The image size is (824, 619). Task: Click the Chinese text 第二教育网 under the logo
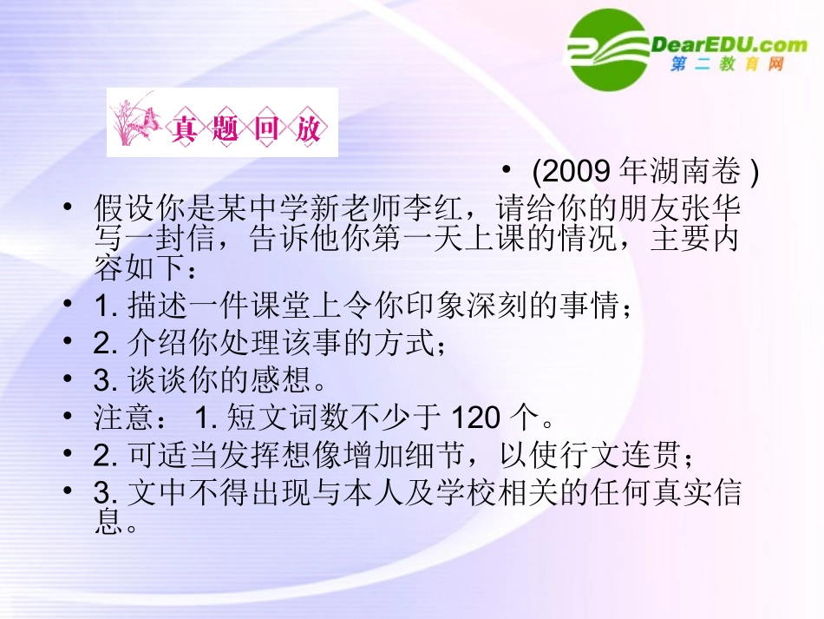[727, 66]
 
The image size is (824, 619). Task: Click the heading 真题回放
[246, 129]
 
